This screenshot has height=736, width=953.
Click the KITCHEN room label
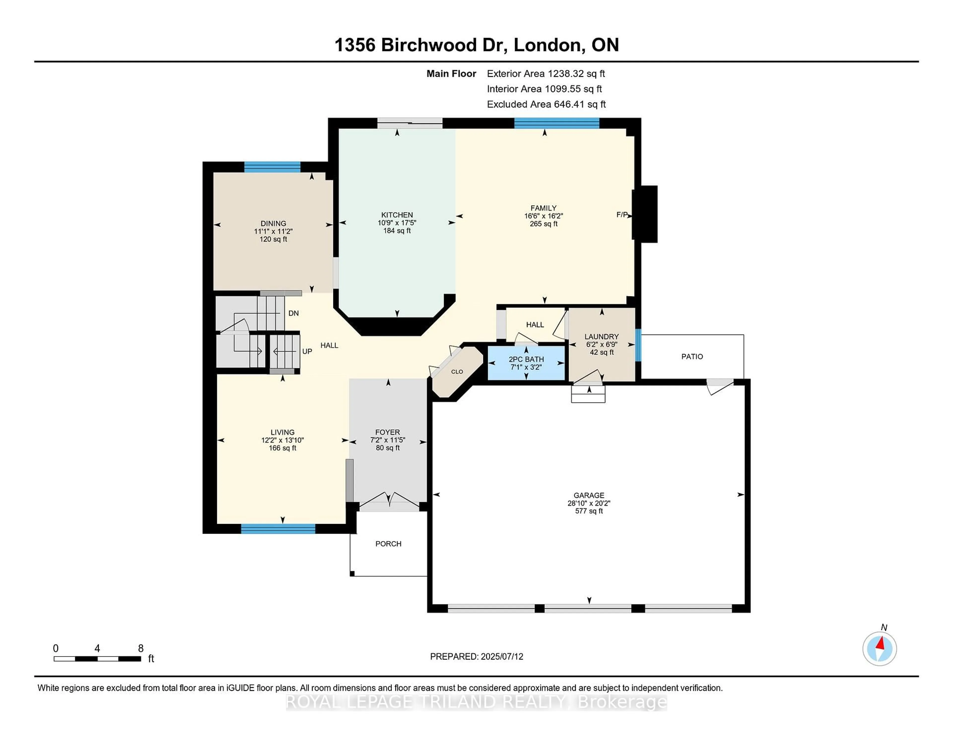click(397, 215)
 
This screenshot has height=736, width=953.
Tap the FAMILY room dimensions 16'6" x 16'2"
click(543, 216)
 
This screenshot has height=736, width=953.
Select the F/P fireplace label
click(622, 215)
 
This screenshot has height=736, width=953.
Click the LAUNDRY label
click(601, 337)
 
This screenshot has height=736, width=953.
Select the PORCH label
click(388, 544)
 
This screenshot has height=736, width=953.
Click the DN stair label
click(293, 313)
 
